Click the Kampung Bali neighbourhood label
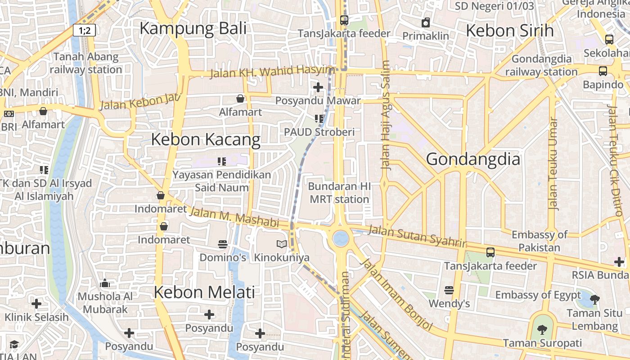coord(193,28)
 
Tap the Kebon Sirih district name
coord(509,31)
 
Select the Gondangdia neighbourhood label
coord(472,159)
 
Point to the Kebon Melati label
coord(204,292)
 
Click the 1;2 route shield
coord(85,31)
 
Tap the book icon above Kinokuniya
coord(282,244)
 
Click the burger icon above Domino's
coord(222,244)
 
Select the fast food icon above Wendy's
coord(449,290)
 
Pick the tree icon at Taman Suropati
coord(542,330)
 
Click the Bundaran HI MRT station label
coord(339,193)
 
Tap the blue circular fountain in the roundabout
coord(341,238)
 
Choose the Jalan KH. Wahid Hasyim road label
coord(273,71)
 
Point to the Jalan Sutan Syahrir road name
coord(417,236)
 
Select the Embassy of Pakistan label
coord(540,241)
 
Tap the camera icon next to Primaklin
coord(426,22)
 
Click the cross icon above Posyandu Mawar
coord(318,87)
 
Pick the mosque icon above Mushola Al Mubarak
coord(105,283)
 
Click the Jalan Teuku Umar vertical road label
coord(553,164)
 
